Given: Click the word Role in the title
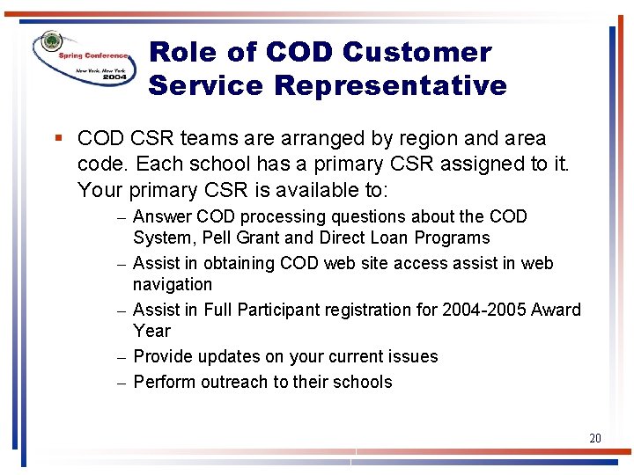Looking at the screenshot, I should click(x=183, y=53).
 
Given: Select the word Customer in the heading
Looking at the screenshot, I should click(x=417, y=53).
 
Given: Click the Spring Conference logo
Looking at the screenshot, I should click(x=85, y=60).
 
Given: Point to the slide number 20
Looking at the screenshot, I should click(x=595, y=437).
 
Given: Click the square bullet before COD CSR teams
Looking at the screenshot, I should click(x=58, y=139).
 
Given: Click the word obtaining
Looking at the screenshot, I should click(x=240, y=264).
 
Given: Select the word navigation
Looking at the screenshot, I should click(x=173, y=284).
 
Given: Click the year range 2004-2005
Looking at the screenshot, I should click(x=484, y=310).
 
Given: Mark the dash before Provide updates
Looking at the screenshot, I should click(x=124, y=357).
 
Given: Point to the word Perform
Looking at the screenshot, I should click(x=165, y=382).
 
